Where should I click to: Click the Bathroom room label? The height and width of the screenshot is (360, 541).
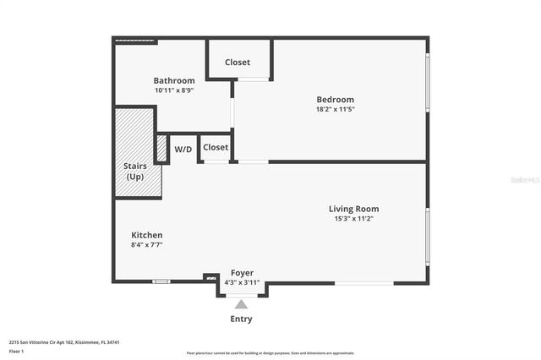[x=174, y=81]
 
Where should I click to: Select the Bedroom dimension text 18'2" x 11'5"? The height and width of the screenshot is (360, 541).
[x=335, y=109]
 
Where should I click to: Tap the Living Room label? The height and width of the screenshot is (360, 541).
[x=353, y=209]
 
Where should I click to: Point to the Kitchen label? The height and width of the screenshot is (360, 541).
[x=147, y=235]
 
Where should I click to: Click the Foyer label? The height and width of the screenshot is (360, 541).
[x=242, y=273]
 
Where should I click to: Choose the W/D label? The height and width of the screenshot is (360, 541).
[x=183, y=150]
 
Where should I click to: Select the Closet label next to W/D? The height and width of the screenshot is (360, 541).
[x=216, y=147]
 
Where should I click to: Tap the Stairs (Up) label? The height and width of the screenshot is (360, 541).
[x=135, y=172]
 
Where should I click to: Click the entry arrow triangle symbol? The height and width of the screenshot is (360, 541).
[x=241, y=304]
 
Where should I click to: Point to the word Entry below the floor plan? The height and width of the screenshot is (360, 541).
[x=241, y=319]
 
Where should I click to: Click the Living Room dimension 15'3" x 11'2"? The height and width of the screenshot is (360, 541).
[x=353, y=219]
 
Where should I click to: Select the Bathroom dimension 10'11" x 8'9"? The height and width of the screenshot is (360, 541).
[x=174, y=90]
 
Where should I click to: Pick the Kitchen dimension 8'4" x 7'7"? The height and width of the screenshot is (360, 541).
[x=146, y=245]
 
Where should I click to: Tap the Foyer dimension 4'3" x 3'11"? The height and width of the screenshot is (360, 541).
[x=242, y=283]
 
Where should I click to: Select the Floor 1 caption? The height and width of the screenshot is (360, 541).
[x=17, y=350]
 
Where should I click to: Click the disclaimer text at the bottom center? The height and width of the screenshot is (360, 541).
[x=270, y=352]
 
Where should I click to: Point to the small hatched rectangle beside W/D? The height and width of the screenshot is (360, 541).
[x=161, y=148]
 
